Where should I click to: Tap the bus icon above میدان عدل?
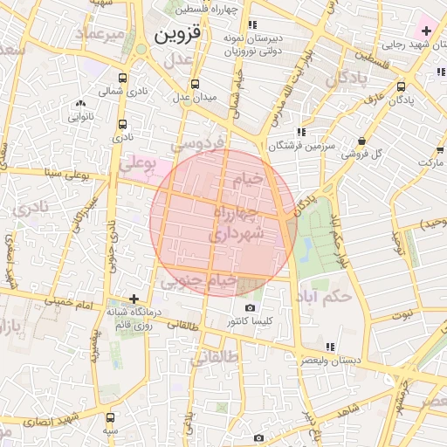click(x=194, y=85)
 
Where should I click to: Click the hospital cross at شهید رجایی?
click(x=425, y=31)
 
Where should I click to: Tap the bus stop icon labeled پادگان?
click(x=401, y=87)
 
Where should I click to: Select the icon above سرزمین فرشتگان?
click(x=301, y=132)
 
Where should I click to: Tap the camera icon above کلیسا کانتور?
click(x=251, y=308)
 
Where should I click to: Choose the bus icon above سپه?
click(x=110, y=418)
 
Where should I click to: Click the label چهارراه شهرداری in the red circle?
click(x=235, y=223)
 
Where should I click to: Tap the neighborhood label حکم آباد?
click(x=324, y=297)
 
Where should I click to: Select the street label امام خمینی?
click(x=73, y=301)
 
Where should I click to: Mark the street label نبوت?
click(x=401, y=314)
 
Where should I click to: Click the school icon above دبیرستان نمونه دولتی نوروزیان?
click(x=252, y=25)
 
